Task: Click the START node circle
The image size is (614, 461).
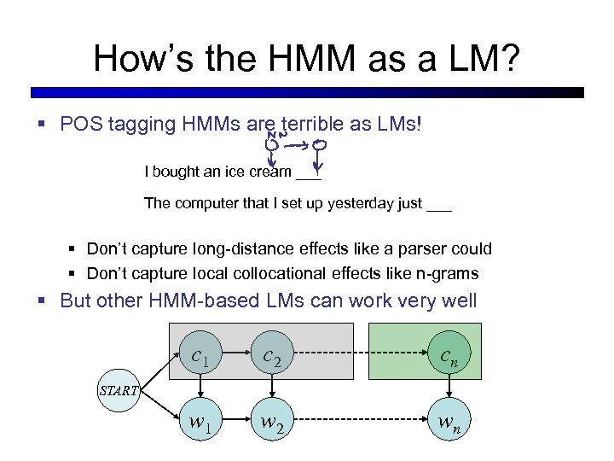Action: click(118, 390)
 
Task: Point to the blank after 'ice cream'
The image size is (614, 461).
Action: click(308, 172)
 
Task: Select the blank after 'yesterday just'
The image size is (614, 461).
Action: click(438, 203)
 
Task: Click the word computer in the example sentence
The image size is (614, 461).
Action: click(202, 203)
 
